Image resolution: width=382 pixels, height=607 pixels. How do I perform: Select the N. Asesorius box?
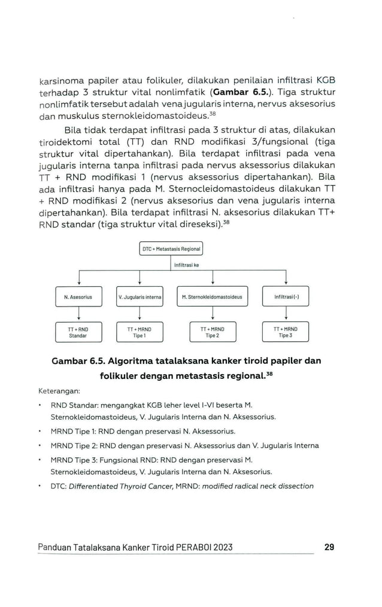[78, 297]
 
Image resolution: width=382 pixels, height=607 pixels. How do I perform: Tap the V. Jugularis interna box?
[140, 297]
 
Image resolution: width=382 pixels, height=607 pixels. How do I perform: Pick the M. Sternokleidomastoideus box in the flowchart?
[212, 297]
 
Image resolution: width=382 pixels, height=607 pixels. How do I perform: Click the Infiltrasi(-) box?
[286, 297]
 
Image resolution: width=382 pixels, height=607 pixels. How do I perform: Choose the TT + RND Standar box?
[78, 332]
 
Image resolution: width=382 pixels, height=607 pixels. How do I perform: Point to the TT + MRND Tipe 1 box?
[140, 332]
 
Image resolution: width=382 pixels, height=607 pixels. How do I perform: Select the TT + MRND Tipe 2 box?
[212, 332]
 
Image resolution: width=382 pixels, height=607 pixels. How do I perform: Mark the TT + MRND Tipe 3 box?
[286, 332]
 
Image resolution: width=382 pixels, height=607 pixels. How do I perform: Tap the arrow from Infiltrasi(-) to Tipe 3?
[286, 314]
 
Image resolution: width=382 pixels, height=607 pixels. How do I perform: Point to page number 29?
[329, 547]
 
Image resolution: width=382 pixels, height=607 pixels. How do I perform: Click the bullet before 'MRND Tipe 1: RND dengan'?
[40, 431]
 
